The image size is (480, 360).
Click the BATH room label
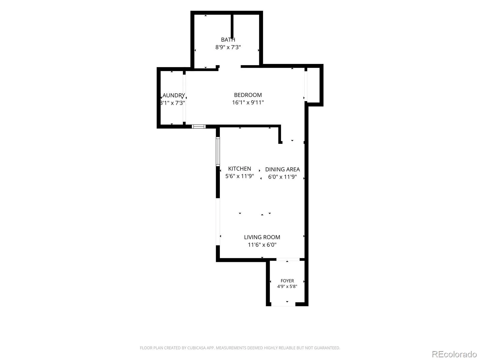pyautogui.click(x=228, y=40)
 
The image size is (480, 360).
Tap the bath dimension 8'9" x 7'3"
pyautogui.click(x=228, y=47)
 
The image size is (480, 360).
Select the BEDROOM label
pyautogui.click(x=248, y=95)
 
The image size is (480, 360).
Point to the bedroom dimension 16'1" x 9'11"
pyautogui.click(x=248, y=102)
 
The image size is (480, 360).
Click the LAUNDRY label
pyautogui.click(x=172, y=95)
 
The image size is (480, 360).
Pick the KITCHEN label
pyautogui.click(x=239, y=169)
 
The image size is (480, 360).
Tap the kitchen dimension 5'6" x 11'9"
pyautogui.click(x=239, y=176)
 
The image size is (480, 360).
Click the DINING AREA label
pyautogui.click(x=282, y=169)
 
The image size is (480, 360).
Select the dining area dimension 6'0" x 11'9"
pyautogui.click(x=282, y=177)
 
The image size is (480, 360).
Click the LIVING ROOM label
pyautogui.click(x=262, y=237)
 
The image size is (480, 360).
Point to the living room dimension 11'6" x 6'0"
pyautogui.click(x=262, y=244)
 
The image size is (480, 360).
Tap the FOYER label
pyautogui.click(x=287, y=281)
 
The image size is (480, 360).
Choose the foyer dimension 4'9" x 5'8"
pyautogui.click(x=287, y=286)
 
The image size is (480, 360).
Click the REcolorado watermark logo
pyautogui.click(x=454, y=354)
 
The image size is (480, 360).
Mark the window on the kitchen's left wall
pyautogui.click(x=218, y=151)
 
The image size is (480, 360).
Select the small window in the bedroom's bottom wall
pyautogui.click(x=199, y=126)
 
